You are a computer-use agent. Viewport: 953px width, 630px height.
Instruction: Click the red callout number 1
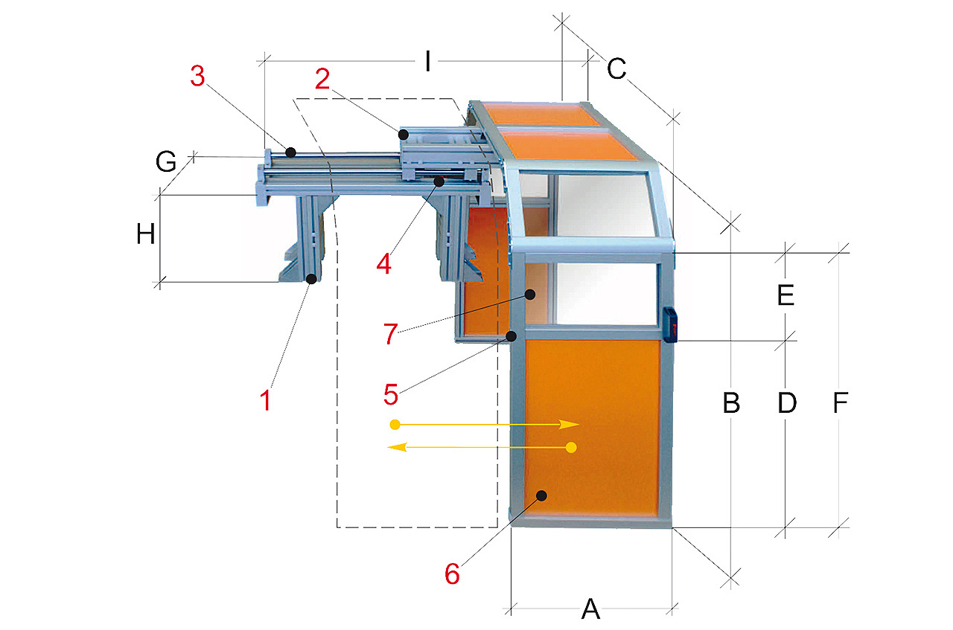pos(266,400)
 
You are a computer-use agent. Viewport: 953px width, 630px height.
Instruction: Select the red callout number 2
pos(322,79)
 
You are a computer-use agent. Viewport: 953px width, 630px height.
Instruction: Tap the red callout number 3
pos(197,77)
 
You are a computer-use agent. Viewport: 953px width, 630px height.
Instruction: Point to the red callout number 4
pos(383,263)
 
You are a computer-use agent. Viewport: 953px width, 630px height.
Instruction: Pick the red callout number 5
pos(391,394)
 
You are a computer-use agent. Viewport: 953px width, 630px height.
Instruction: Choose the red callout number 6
pos(452,574)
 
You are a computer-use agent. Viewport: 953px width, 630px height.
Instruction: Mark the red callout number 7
pos(391,334)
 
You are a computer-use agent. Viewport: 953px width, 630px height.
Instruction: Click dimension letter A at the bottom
pos(590,608)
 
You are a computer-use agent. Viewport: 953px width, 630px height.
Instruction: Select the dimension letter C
pos(616,68)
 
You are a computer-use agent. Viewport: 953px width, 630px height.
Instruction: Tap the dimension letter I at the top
pos(428,61)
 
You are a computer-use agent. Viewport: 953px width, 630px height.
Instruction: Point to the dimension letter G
pos(166,162)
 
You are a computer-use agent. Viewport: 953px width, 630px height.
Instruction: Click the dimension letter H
pos(145,234)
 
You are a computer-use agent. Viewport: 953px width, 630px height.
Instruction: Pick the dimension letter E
pos(785,295)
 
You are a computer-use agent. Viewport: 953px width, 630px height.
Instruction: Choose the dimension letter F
pos(841,402)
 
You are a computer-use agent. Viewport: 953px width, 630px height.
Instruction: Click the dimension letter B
pos(731,402)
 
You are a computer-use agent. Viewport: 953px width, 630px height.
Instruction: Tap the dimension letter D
pos(787,402)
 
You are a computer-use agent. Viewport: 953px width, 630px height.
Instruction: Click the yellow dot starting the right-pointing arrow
pos(395,424)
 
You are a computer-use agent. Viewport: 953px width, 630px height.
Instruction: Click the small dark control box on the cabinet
pos(671,325)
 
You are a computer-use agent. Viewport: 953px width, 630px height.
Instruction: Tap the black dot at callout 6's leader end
pos(541,495)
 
